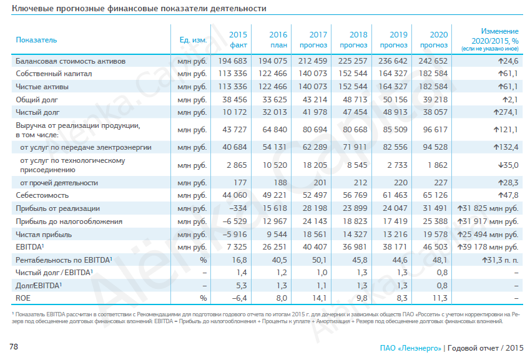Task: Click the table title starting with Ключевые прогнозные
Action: pos(139,8)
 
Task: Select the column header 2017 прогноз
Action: pos(313,39)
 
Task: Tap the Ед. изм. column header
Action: pos(193,40)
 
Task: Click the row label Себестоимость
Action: pos(42,195)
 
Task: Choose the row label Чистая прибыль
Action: pos(44,235)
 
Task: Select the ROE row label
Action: pos(23,298)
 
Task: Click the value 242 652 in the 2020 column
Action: pos(433,61)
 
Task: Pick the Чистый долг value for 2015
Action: pos(235,112)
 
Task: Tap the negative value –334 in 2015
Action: pos(238,208)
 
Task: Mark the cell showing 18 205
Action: pos(315,165)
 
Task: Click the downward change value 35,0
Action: pos(508,165)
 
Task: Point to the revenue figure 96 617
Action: pos(435,130)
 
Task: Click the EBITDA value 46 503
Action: pos(435,247)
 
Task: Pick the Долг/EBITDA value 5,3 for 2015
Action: pos(242,286)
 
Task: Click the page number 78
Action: pos(14,346)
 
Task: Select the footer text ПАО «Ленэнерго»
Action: pos(410,348)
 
